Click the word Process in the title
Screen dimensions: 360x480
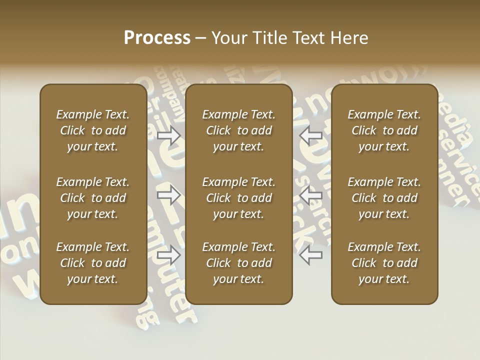[x=157, y=38]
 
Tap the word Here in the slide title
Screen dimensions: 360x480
[x=348, y=38]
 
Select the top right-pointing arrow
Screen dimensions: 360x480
[x=169, y=135]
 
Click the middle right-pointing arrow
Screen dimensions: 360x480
[x=169, y=195]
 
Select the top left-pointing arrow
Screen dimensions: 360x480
[x=311, y=135]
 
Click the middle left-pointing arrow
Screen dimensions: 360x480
[x=311, y=195]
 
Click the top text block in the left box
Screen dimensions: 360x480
[x=93, y=130]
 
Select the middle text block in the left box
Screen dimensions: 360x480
[x=93, y=198]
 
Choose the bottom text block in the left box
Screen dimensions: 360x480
[x=93, y=263]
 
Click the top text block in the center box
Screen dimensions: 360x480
[x=239, y=130]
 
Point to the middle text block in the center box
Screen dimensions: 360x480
[x=239, y=198]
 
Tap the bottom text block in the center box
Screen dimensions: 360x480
[x=239, y=263]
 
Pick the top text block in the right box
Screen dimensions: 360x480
[x=384, y=130]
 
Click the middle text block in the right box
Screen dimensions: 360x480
[x=384, y=198]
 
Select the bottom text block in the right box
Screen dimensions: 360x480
[x=384, y=263]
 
